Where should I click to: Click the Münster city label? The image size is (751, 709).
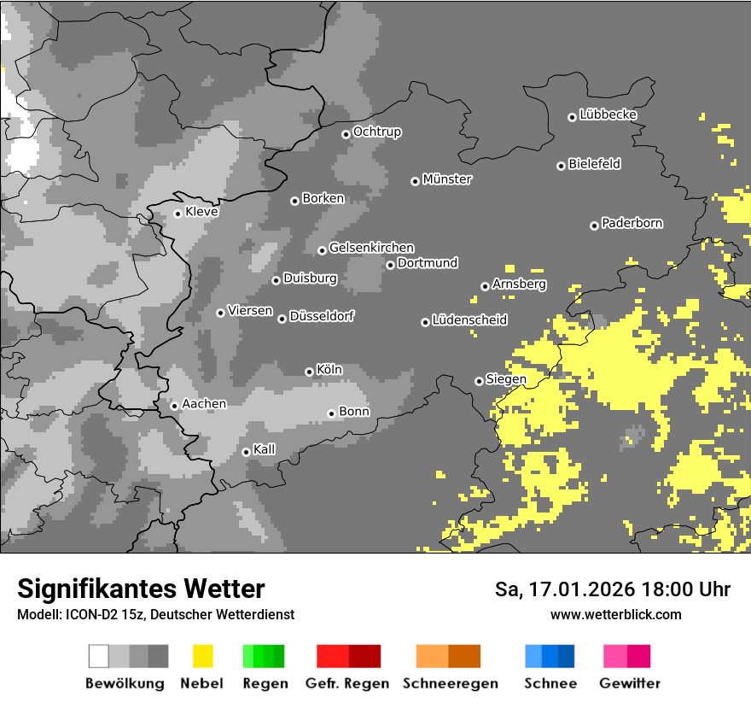coord(447,179)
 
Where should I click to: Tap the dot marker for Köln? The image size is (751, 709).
coord(309,372)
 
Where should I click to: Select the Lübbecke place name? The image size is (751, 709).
coord(608,114)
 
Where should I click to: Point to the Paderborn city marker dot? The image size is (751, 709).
coord(594,226)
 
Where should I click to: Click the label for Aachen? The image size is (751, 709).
coord(204,403)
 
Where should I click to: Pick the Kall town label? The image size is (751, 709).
coord(265,449)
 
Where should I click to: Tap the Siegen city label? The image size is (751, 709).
coord(506,378)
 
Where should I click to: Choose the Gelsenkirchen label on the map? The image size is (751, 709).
coord(371,248)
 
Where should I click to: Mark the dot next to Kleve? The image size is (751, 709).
coord(178,214)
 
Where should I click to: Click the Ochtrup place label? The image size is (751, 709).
coord(377,132)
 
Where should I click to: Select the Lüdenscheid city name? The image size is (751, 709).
coord(469,320)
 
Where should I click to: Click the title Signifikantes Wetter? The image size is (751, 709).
coord(141,589)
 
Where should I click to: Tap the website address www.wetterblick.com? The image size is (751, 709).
coord(615,614)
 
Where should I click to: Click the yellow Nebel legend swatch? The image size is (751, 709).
coord(202,656)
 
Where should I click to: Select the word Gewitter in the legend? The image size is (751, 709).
coord(630,683)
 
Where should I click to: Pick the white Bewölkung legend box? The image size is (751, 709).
coord(99,656)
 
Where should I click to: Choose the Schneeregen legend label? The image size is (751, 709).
coord(450,683)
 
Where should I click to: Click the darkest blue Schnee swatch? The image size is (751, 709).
coord(566,656)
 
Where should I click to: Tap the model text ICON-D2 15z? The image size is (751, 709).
coord(100,614)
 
